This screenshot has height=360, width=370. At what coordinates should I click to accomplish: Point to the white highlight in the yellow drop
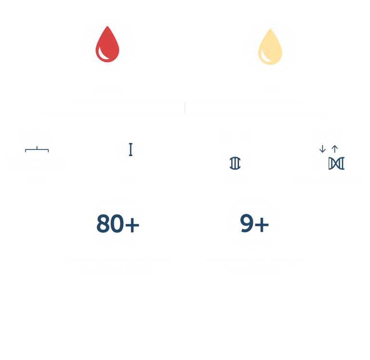coord(265,57)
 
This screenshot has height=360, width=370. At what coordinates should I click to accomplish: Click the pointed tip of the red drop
coord(107,26)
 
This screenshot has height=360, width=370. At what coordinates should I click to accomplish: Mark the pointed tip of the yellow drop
coord(270,29)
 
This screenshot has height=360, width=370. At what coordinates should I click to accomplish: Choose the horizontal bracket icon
coord(37,149)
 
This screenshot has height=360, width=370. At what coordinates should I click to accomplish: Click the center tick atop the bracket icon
coord(37,148)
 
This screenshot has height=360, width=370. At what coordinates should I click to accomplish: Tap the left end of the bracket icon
coord(26,151)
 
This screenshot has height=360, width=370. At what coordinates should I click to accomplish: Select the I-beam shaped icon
coord(131,149)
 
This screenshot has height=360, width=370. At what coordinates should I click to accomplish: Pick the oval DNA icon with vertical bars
coord(235,163)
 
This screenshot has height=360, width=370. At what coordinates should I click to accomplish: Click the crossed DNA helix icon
coord(336,163)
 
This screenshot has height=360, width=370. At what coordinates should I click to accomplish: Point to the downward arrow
coord(322,149)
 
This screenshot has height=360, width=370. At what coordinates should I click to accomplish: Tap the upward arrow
coord(335,149)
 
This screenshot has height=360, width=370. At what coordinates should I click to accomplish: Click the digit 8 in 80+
coord(103,224)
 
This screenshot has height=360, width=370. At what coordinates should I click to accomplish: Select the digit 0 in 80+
coord(117,224)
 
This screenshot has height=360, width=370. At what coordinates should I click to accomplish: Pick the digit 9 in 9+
coord(247,223)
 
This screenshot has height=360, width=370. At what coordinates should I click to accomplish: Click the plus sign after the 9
coord(262,225)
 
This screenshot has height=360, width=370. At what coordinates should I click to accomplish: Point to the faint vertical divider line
coord(185,108)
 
